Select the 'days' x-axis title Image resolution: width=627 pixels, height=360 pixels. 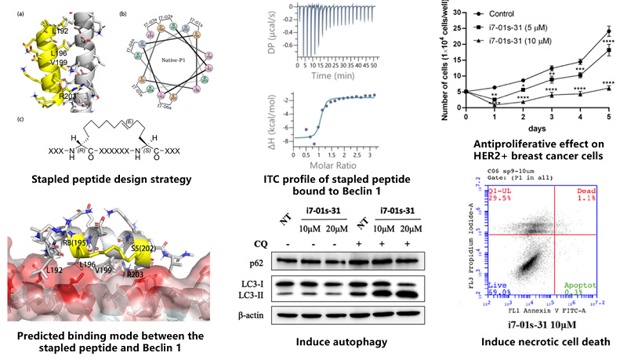pyautogui.click(x=542, y=126)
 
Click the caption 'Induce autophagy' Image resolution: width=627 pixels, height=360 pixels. pyautogui.click(x=348, y=342)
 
